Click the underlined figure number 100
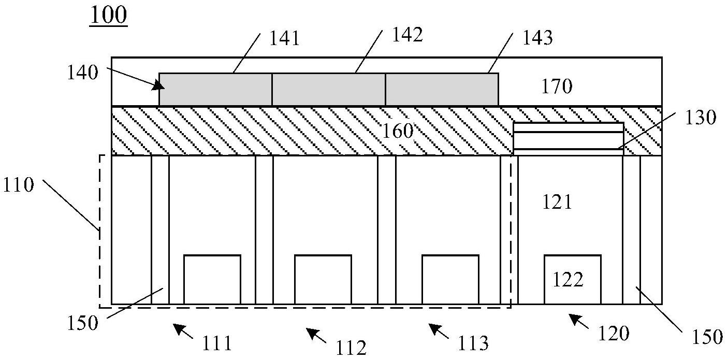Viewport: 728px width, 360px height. pos(109,16)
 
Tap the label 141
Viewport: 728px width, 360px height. pos(284,38)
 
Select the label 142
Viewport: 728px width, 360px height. pos(407,35)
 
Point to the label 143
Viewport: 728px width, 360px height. pos(537,38)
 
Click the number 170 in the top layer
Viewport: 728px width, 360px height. pos(557,86)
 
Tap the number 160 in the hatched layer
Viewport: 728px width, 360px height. pos(398,131)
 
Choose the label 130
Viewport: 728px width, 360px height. pos(701,117)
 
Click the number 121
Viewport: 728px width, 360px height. pos(557,202)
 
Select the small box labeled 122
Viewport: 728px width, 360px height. pos(573,279)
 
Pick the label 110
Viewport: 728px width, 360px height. pos(19,185)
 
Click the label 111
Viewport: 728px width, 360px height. pos(217,343)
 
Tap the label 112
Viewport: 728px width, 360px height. pos(351,348)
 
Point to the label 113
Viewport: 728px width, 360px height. pos(473,343)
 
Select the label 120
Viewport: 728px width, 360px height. pos(614,334)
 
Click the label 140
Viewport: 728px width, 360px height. pos(82,73)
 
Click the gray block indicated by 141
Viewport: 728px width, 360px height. pos(215,90)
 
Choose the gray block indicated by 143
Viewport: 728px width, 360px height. pos(442,90)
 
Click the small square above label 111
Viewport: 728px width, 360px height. pos(212,279)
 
